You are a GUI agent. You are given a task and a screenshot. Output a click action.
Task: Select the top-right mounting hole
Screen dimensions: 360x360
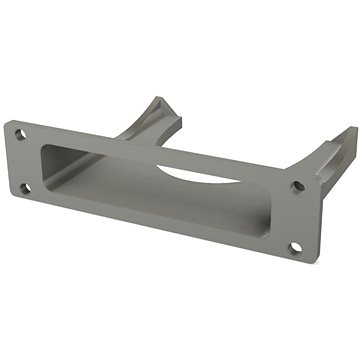click(x=296, y=186)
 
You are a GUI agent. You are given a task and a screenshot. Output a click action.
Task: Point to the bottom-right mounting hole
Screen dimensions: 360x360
click(x=295, y=248)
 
